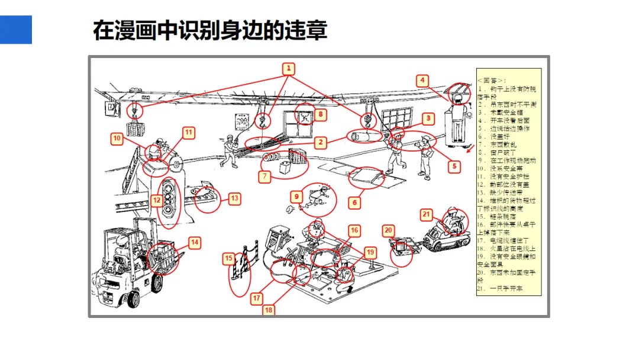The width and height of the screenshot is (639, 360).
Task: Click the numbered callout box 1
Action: (x=288, y=68)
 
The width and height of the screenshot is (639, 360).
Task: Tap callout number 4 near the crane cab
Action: (x=422, y=81)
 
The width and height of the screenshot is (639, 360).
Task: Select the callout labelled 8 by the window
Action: (x=320, y=114)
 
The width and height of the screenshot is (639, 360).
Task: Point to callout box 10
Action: (x=117, y=139)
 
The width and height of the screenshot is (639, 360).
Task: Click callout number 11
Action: (x=188, y=133)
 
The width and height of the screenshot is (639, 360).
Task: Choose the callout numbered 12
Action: (x=156, y=200)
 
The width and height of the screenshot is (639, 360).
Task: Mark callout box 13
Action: (x=234, y=198)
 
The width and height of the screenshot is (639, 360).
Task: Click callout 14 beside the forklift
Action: (x=194, y=242)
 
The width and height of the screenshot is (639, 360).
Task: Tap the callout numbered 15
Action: (x=229, y=258)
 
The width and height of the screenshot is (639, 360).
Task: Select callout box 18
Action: (x=269, y=310)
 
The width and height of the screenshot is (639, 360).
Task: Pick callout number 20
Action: (x=388, y=230)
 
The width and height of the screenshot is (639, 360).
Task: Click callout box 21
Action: (x=427, y=214)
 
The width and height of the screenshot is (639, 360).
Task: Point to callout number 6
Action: (x=354, y=202)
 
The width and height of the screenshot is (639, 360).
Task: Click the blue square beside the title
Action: (x=16, y=30)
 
